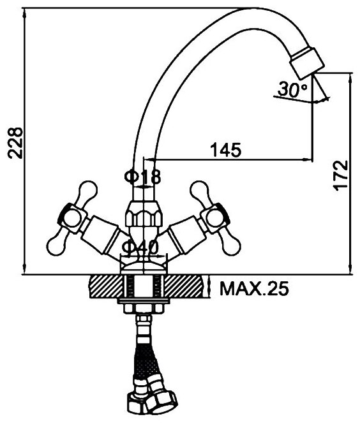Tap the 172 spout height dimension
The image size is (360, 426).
(340, 175)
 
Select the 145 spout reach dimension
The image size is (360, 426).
(226, 150)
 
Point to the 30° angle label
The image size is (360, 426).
(292, 89)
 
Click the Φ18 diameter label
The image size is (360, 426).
(143, 177)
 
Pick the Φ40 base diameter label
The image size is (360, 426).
(140, 247)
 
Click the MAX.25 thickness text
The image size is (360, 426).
(254, 289)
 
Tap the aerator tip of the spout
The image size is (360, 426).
(307, 62)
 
